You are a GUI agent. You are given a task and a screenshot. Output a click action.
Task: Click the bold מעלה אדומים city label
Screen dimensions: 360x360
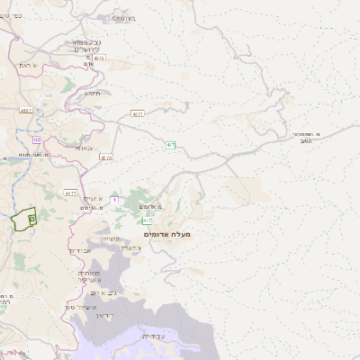[166, 233]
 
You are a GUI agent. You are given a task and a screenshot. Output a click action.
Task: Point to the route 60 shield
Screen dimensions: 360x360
[37, 140]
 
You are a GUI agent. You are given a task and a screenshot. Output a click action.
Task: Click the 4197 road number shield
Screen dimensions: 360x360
[24, 111]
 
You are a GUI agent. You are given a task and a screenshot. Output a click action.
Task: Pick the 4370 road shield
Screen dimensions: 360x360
[107, 158]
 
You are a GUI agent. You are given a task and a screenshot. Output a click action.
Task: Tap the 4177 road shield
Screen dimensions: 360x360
[72, 193]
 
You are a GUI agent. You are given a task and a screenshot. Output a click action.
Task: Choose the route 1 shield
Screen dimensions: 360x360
[115, 187]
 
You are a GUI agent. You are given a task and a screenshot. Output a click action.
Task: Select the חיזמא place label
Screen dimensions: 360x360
[92, 93]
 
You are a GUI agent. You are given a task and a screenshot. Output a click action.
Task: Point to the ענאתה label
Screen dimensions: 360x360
[84, 148]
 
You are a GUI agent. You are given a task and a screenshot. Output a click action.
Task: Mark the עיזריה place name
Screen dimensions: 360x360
[110, 238]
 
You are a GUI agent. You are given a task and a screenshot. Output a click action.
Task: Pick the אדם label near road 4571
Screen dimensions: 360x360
[88, 64]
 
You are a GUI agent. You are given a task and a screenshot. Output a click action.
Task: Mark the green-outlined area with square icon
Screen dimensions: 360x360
[24, 219]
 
